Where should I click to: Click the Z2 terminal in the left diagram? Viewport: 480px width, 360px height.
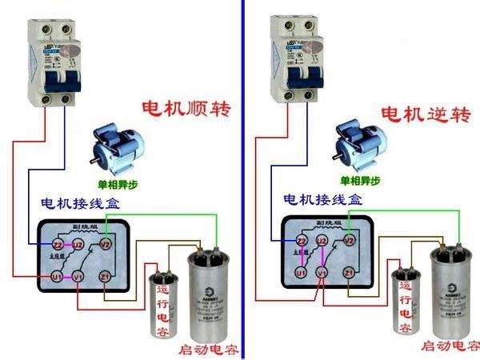click(58, 243)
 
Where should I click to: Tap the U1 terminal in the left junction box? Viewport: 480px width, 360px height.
click(56, 276)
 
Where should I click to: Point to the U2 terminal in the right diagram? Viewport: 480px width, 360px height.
click(322, 240)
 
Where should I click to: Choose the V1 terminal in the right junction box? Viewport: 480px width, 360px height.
click(322, 273)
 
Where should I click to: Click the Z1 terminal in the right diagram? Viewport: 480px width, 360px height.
click(349, 273)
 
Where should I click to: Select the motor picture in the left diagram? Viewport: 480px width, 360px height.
click(117, 146)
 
